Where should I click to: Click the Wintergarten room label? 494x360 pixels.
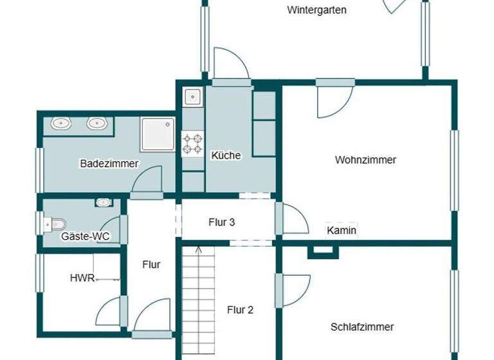point(317,10)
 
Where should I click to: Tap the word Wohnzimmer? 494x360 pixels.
point(365,159)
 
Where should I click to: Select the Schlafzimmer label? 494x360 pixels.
point(362,327)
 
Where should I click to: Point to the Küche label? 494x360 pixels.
point(226,155)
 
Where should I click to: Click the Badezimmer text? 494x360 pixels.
point(109,163)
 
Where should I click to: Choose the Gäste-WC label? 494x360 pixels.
point(85,236)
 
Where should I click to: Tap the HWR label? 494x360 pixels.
point(82,278)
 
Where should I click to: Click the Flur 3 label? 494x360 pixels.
point(221,222)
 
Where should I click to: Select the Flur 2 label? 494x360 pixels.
point(240,309)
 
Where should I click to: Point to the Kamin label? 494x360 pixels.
point(342,230)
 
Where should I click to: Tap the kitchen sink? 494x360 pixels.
point(192,97)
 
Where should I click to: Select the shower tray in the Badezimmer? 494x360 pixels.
point(157,134)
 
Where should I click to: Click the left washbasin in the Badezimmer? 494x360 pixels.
point(62,123)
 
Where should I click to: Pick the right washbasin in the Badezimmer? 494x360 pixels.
point(96,123)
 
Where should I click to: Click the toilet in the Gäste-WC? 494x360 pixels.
point(55,224)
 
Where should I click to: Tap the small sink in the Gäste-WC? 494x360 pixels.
point(103,203)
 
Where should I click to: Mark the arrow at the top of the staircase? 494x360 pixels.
point(198,251)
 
